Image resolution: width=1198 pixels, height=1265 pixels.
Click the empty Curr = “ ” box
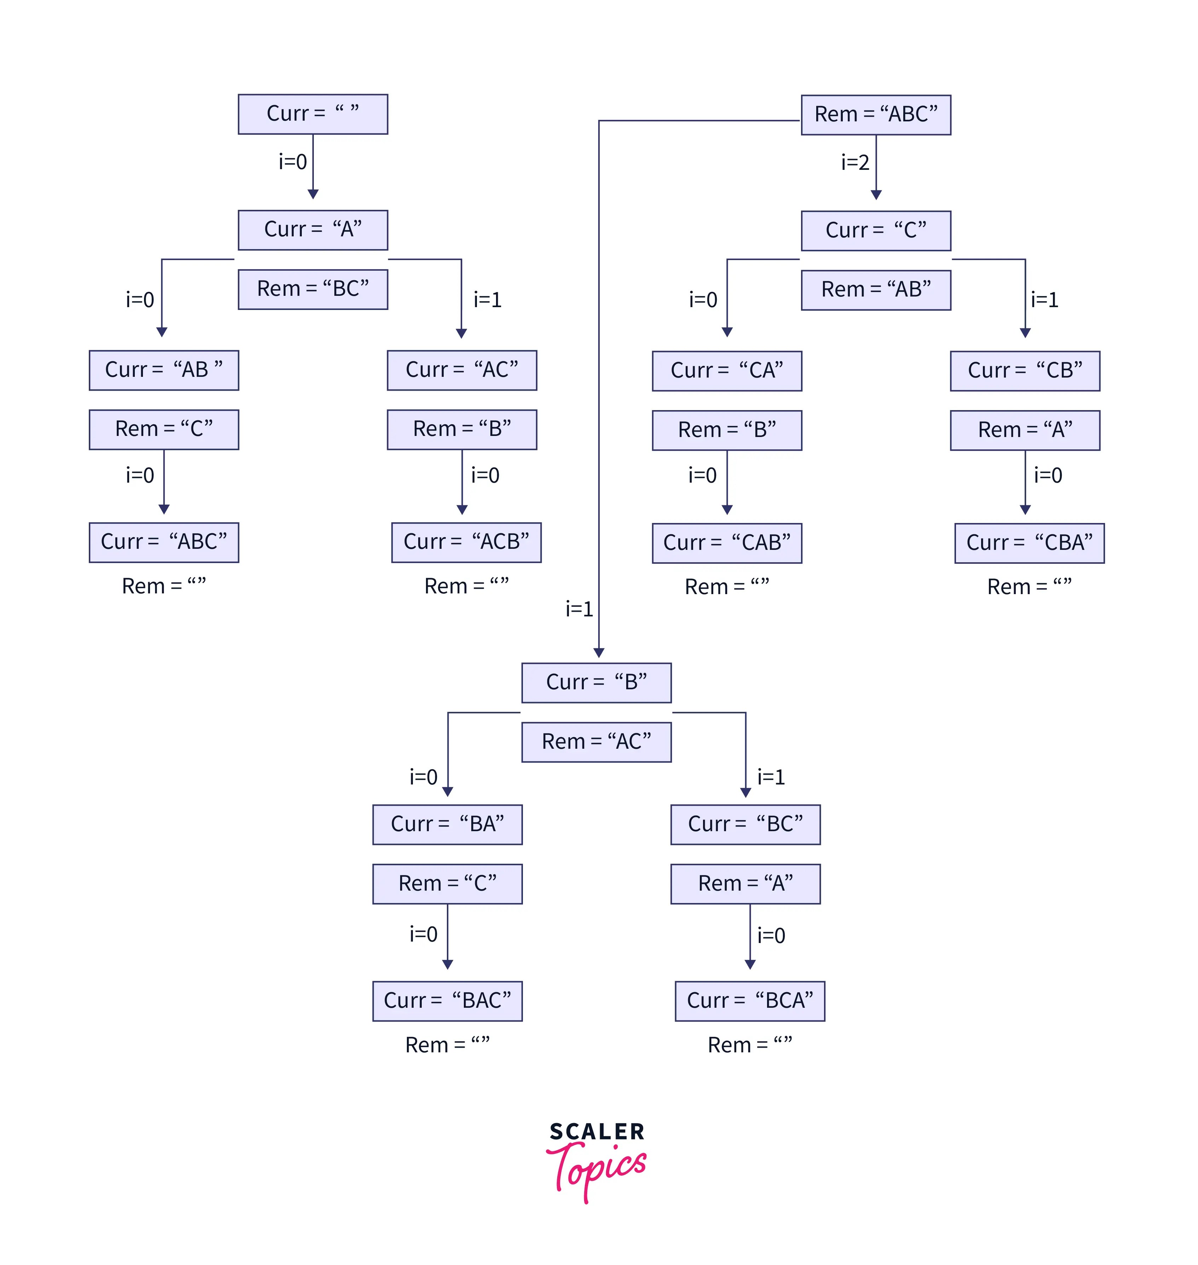[313, 114]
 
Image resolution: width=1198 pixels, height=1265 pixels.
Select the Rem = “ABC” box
[876, 115]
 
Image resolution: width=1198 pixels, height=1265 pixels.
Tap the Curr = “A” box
[313, 230]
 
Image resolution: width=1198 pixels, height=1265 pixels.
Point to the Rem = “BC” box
[313, 289]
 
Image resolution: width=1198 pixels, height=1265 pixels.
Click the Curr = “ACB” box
[466, 542]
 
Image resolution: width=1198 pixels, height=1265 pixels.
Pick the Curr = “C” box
[876, 230]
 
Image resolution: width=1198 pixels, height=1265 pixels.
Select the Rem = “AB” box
[876, 290]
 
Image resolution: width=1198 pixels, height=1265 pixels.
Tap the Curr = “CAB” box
[727, 543]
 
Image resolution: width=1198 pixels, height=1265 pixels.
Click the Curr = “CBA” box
[1030, 543]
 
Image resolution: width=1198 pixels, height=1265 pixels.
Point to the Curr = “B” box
[597, 683]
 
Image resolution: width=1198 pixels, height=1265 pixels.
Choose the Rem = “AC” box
[597, 742]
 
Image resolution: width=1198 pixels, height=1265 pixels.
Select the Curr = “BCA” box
[750, 1001]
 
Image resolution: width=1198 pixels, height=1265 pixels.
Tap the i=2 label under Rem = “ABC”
[855, 163]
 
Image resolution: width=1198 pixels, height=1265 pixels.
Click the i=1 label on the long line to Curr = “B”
[579, 609]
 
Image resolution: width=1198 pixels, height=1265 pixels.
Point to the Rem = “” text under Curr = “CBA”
[1030, 587]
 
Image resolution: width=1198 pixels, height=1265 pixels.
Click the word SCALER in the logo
[597, 1132]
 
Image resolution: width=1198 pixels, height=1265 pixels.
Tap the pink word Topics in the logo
[597, 1168]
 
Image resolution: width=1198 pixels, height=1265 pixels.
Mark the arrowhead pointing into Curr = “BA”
[448, 792]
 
